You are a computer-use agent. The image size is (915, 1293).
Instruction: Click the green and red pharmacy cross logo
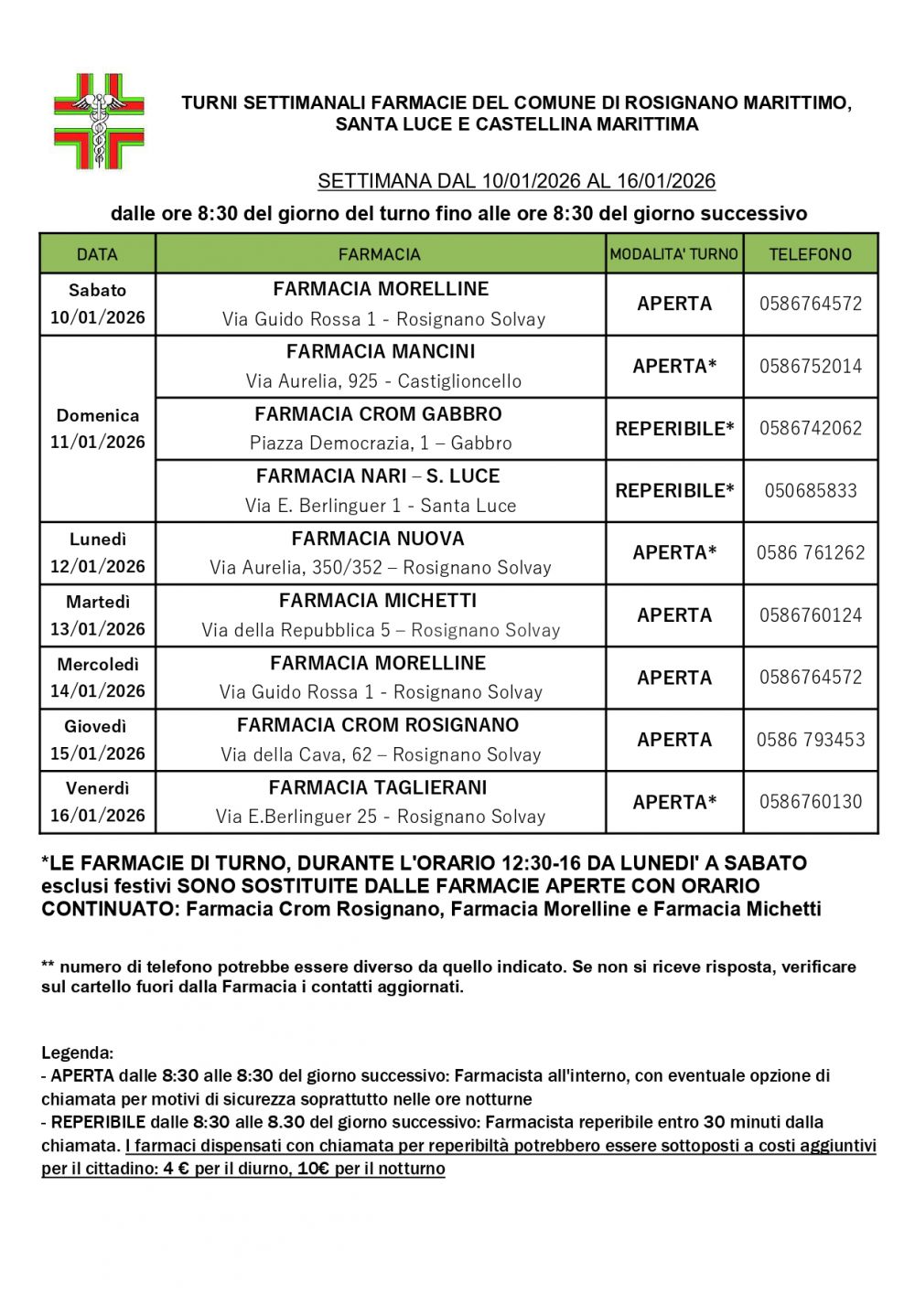99,122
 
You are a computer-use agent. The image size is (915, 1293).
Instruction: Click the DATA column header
97,254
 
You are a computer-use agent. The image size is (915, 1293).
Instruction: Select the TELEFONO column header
810,254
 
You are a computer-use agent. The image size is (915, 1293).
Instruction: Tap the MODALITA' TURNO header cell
674,254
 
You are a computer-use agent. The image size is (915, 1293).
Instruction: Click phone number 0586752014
810,366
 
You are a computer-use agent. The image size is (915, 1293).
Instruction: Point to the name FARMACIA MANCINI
381,352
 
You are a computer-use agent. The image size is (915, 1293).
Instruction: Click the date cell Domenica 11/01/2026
97,429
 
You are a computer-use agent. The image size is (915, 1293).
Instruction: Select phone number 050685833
810,490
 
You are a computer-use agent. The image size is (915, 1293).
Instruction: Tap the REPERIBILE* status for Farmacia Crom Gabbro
674,428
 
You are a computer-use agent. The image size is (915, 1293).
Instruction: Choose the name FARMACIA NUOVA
378,539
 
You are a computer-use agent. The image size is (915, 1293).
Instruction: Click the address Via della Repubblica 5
381,630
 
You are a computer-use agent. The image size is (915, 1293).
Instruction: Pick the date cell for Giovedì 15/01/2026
97,740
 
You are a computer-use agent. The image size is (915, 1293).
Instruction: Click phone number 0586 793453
810,740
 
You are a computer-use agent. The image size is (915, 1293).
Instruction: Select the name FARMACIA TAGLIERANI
378,787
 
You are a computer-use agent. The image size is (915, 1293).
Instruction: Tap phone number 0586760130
810,802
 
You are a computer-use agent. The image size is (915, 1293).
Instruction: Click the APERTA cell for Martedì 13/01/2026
674,615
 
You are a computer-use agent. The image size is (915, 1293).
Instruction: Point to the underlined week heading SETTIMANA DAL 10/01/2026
516,181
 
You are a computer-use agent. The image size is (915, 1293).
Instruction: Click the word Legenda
77,1053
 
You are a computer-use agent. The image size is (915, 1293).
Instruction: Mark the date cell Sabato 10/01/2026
97,304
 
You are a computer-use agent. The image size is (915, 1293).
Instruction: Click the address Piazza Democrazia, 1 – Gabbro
381,443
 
